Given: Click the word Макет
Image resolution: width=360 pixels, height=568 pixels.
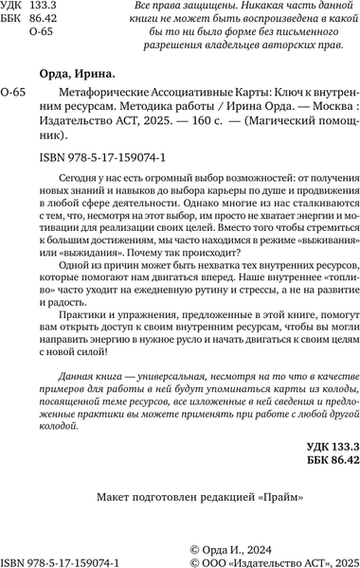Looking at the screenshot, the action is [x=117, y=524].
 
